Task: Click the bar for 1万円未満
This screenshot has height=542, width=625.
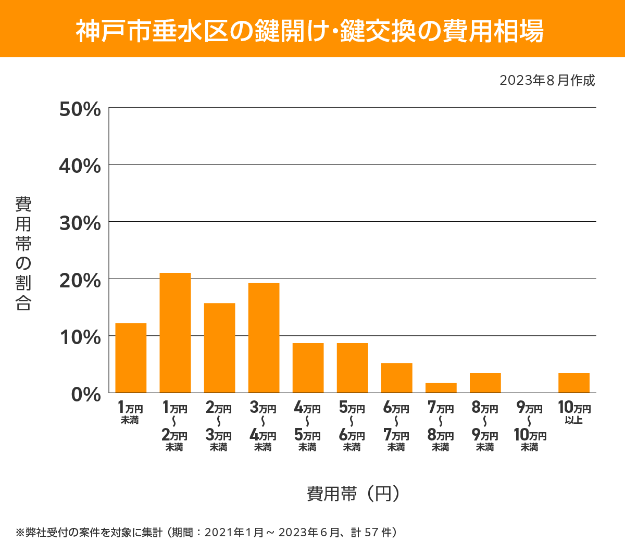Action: [x=131, y=358]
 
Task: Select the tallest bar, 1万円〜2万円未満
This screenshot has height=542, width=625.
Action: [x=175, y=333]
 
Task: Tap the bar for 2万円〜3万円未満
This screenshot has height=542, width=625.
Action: [x=219, y=348]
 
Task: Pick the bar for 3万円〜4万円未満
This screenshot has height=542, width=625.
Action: [x=264, y=338]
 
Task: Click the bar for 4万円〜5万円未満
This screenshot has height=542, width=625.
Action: [x=308, y=368]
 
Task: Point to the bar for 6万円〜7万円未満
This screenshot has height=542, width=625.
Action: [x=396, y=377]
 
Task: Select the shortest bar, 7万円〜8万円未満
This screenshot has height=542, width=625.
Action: [x=441, y=388]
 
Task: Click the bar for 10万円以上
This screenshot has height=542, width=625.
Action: [x=573, y=383]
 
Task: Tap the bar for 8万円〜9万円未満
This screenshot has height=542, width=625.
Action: [x=485, y=383]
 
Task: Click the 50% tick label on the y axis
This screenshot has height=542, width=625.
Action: [x=80, y=109]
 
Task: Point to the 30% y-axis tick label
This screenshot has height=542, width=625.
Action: [x=80, y=223]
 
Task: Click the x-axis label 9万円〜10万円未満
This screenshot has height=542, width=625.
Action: [x=530, y=427]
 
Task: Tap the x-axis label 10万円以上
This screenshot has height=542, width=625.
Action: [x=574, y=413]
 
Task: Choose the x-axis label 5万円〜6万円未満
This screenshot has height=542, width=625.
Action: [x=352, y=427]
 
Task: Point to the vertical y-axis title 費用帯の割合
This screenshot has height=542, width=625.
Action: [x=23, y=254]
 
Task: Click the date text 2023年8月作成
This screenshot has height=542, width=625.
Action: [x=547, y=81]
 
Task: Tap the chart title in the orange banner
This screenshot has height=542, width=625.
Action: [x=310, y=31]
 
